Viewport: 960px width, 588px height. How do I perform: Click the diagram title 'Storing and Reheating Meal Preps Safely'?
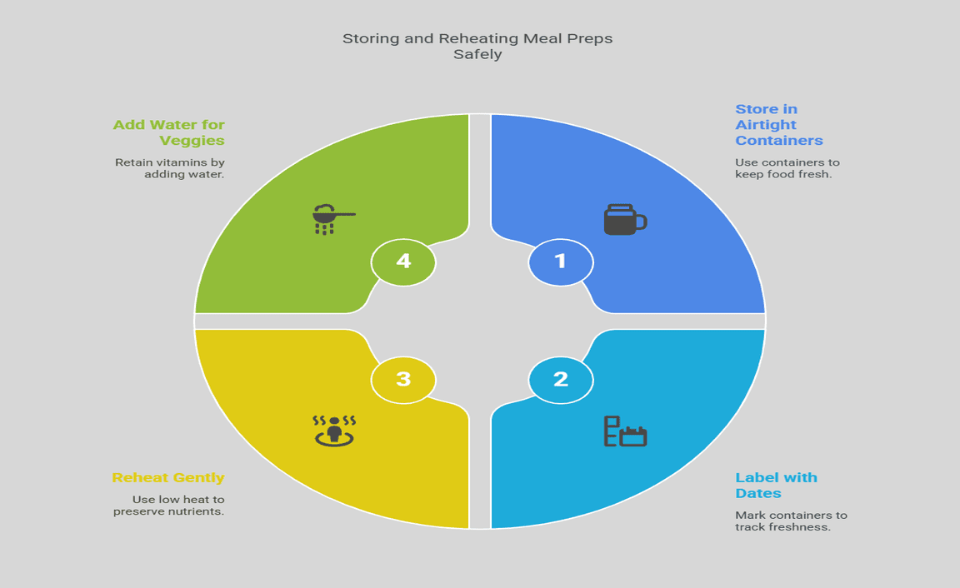coord(477,47)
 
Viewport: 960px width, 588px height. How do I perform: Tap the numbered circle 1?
coord(561,262)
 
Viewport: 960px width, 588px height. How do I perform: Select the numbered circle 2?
coord(561,381)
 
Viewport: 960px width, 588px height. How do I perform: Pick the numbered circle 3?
coord(403,380)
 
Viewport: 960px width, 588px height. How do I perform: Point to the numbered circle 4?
coord(403,262)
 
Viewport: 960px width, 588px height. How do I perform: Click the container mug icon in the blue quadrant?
coord(625,219)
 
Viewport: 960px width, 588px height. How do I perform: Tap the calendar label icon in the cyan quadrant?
coord(625,431)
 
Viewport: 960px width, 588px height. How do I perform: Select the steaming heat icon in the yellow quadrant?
coord(334,430)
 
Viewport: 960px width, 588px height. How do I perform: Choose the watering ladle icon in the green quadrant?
coord(332,217)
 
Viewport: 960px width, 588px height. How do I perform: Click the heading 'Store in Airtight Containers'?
coord(778,125)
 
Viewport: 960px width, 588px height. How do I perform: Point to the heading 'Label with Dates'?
coord(776,485)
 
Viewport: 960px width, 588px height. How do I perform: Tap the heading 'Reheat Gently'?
coord(168,478)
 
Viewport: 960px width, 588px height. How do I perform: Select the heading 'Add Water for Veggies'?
coord(169,132)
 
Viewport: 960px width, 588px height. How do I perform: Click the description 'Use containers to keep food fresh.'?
coord(787,168)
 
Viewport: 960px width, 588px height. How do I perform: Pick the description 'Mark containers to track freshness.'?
coord(790,521)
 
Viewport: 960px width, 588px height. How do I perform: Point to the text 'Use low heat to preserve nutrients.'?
coord(169,505)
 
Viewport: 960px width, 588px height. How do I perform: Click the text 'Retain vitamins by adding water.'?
coord(170,168)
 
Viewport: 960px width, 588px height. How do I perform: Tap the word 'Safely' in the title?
coord(477,55)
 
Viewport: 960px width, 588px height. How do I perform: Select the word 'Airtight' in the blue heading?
coord(765,125)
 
